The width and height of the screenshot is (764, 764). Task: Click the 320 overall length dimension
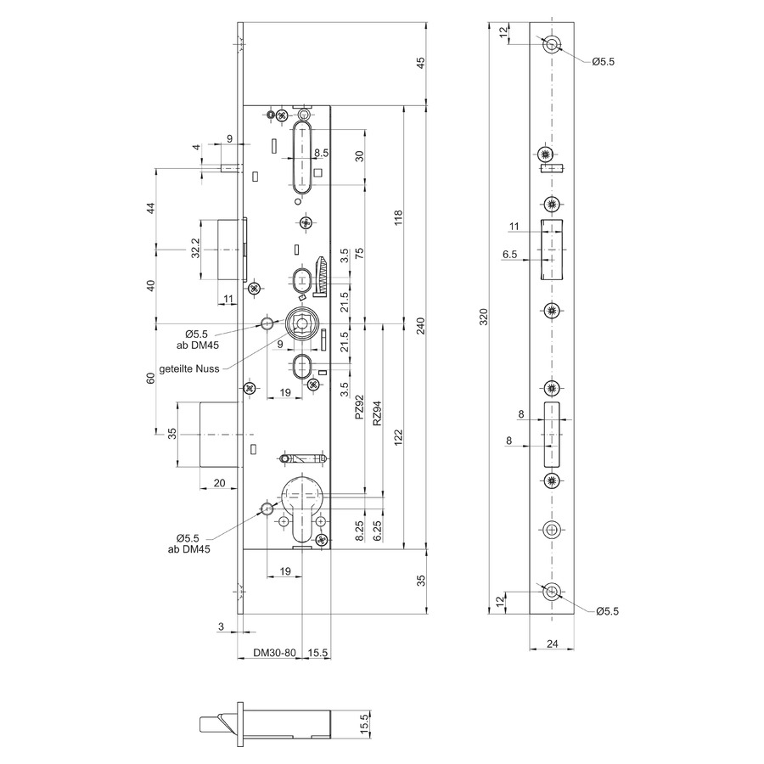pos(483,317)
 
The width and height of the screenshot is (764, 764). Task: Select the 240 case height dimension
pos(421,325)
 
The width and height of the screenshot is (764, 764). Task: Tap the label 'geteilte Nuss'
pos(189,369)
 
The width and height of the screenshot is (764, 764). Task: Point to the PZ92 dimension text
pos(359,407)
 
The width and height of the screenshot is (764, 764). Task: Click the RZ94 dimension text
pos(377,413)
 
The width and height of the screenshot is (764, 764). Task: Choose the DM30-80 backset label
pos(274,653)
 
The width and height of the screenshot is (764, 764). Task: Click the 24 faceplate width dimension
pos(552,643)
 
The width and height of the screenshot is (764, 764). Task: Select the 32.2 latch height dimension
pos(195,248)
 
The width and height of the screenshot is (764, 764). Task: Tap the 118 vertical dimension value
pos(399,218)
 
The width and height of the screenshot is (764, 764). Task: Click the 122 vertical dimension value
pos(399,437)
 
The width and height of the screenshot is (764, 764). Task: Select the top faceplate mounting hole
pos(552,44)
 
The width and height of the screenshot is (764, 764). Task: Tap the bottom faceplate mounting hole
pos(552,592)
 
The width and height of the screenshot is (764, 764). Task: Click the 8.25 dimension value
pos(359,531)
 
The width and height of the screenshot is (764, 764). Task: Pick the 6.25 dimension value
pos(377,531)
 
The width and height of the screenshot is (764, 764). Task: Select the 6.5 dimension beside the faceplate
pos(509,255)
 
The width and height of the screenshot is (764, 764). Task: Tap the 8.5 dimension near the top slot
pos(321,153)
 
